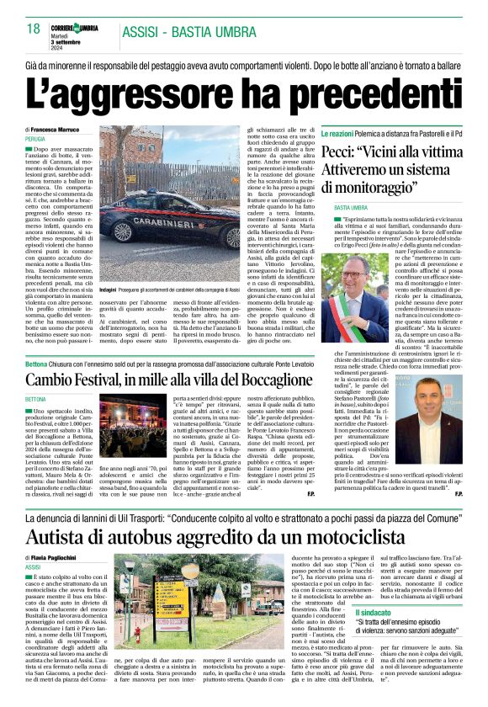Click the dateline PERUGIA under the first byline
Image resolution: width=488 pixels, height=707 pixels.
coord(35,138)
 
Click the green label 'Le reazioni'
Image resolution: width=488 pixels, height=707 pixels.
coord(341,133)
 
